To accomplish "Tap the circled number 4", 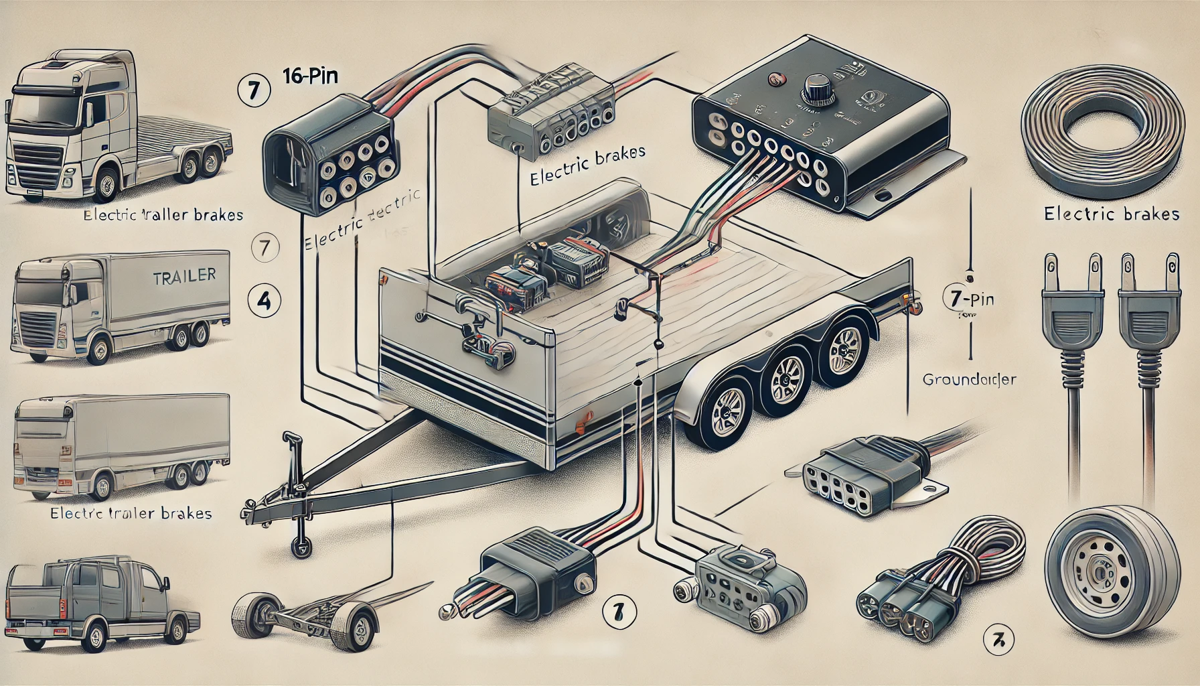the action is [263, 301].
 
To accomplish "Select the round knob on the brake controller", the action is [817, 88].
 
